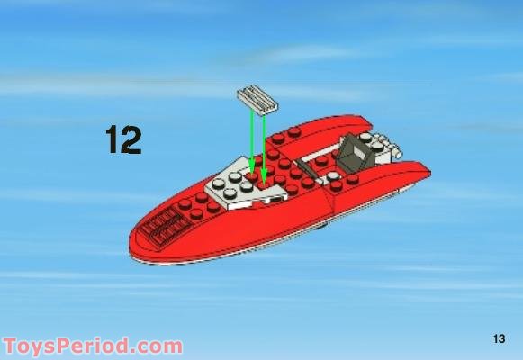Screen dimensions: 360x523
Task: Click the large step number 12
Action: point(123,139)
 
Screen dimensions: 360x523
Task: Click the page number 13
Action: point(500,338)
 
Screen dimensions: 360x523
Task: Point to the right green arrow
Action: point(263,144)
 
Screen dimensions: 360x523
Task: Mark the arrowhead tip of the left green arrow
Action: point(252,172)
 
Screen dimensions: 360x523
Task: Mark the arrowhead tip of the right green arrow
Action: point(265,176)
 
